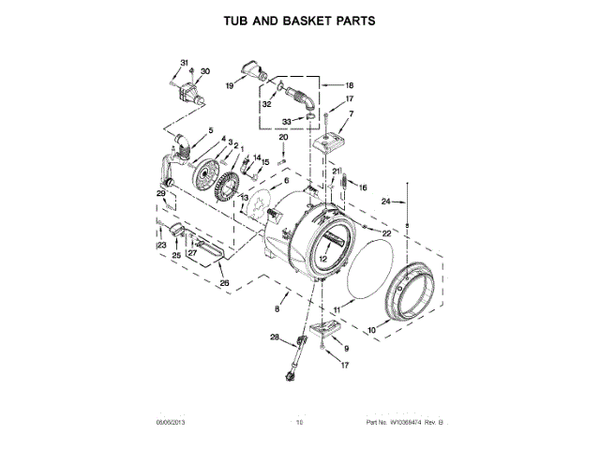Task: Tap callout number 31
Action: [184, 63]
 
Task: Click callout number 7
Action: [351, 114]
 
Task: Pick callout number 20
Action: [284, 138]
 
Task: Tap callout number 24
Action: [384, 201]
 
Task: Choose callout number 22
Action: [385, 232]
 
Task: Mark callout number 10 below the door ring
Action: [371, 329]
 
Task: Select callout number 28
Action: [276, 337]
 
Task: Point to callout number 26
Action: [223, 282]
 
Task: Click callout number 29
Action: [160, 194]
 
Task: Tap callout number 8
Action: [277, 308]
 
